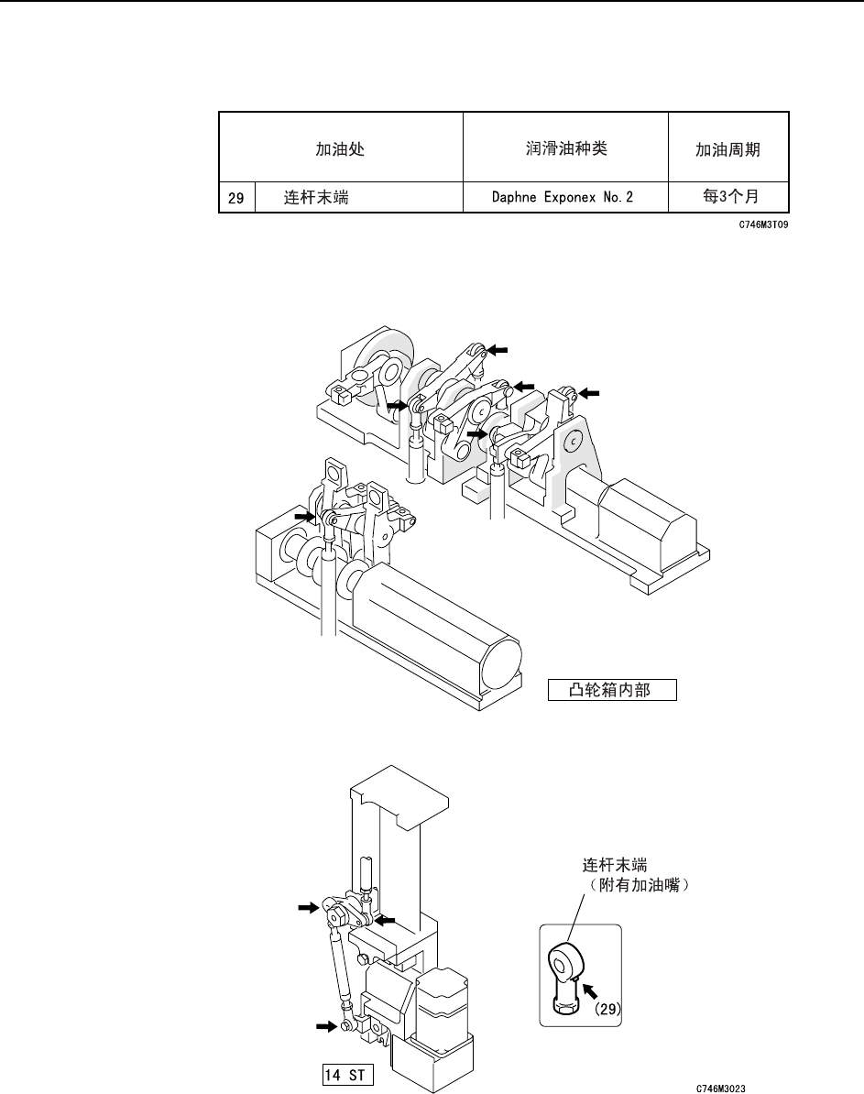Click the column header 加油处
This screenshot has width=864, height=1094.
pos(340,149)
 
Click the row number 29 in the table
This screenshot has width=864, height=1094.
pos(235,198)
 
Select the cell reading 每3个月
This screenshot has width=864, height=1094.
pos(728,198)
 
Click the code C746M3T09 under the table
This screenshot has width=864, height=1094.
pos(763,223)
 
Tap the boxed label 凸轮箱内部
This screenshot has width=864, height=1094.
pos(611,690)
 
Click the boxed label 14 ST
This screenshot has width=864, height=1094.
pos(346,1071)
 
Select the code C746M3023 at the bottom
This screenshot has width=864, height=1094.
pos(721,1089)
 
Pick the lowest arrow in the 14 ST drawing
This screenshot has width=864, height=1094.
pos(326,1027)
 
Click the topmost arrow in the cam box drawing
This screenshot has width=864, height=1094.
pos(496,349)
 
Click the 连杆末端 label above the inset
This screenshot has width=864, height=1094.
pos(615,864)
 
